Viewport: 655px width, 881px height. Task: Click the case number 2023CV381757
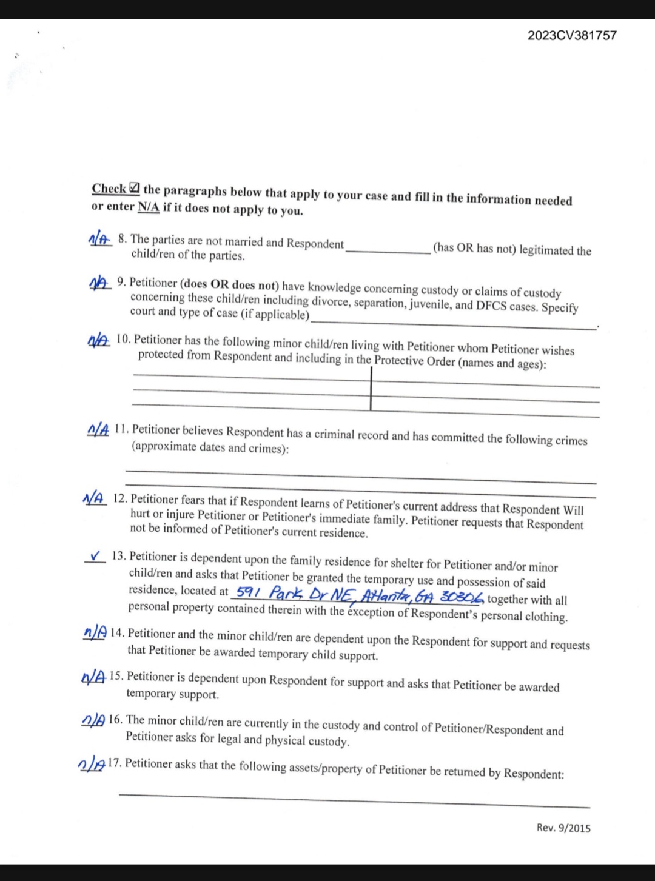tap(571, 35)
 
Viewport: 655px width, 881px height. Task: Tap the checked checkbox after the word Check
tap(135, 189)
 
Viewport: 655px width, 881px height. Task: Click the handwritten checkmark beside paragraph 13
tap(95, 555)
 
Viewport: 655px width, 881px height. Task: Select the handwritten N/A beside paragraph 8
tap(100, 240)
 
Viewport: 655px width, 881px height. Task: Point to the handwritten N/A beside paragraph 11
tap(98, 430)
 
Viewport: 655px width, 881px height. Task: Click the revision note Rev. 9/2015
tap(563, 828)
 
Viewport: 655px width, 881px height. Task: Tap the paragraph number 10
tap(123, 339)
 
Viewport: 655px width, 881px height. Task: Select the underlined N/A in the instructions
tap(149, 207)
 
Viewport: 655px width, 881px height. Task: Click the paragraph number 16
tap(115, 720)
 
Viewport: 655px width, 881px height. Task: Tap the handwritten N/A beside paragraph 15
tap(93, 677)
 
